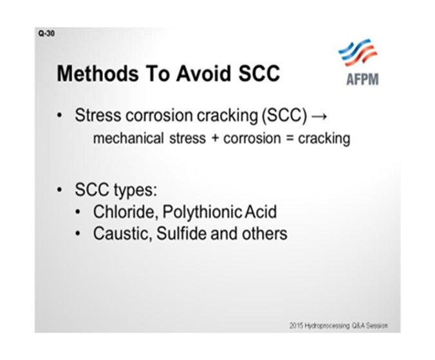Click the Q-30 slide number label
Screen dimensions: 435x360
point(46,33)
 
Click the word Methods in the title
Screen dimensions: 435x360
point(98,73)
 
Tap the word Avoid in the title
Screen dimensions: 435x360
point(203,73)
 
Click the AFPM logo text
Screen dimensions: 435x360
point(362,79)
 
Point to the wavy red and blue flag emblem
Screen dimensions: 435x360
point(358,52)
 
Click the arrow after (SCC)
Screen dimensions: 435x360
point(319,116)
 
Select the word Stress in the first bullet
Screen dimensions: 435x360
point(98,115)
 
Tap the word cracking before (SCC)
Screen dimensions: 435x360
point(227,116)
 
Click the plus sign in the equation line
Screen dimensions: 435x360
point(215,138)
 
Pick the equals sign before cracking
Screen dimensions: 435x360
point(290,138)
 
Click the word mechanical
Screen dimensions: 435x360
point(129,138)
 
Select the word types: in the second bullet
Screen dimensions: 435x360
point(135,191)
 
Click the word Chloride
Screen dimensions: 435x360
point(125,212)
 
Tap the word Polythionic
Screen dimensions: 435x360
point(201,213)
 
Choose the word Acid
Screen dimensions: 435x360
point(261,212)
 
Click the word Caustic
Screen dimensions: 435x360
point(123,234)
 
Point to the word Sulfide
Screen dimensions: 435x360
point(181,234)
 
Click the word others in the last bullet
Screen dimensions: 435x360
point(264,234)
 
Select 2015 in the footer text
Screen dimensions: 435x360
point(296,326)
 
